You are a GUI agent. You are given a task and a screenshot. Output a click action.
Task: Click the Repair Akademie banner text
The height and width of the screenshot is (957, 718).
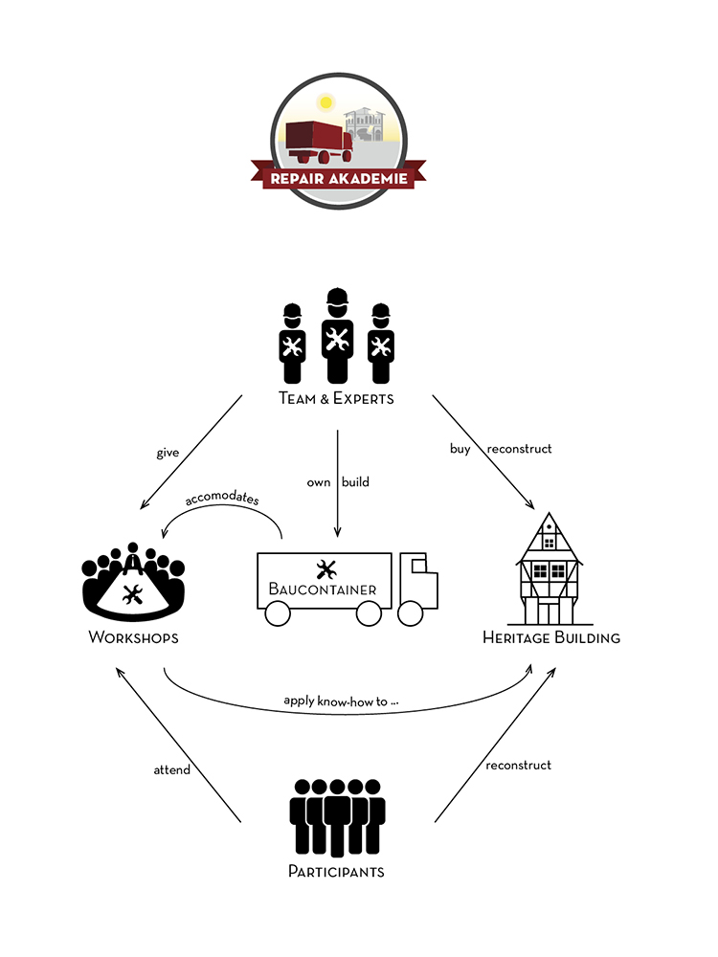pos(338,178)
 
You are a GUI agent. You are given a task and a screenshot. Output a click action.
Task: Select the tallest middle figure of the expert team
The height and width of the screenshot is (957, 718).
pos(335,335)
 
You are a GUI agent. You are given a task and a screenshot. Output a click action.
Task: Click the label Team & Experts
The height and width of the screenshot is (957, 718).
pos(336,398)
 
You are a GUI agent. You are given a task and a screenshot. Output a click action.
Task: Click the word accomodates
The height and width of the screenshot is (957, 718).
pos(222,499)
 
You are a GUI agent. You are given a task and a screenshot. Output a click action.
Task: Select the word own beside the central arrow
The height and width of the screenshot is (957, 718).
pos(319,482)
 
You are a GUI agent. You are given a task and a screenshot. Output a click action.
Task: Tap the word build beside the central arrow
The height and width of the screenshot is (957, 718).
pos(355,482)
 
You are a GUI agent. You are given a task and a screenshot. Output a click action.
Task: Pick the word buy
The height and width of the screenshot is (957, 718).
pos(460,449)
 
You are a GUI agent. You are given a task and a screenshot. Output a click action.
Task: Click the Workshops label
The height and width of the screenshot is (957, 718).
pos(133,637)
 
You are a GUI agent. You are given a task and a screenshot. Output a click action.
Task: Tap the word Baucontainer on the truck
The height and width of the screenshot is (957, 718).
pos(322,590)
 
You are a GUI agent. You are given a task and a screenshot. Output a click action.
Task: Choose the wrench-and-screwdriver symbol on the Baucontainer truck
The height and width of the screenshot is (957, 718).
pos(325,568)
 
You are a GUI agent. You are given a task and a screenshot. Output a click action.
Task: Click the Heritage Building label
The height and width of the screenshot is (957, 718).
pos(550,637)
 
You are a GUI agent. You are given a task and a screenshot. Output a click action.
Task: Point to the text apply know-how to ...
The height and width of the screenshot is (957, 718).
pos(341,701)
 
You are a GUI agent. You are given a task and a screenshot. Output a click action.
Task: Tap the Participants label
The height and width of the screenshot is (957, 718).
pos(336,872)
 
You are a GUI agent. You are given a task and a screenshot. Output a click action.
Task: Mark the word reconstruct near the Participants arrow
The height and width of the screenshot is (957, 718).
pos(518,765)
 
